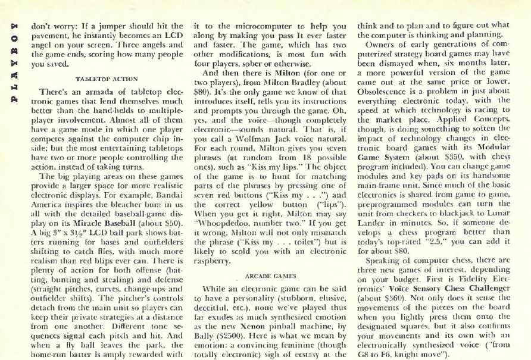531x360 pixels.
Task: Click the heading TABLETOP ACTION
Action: [x=107, y=79]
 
